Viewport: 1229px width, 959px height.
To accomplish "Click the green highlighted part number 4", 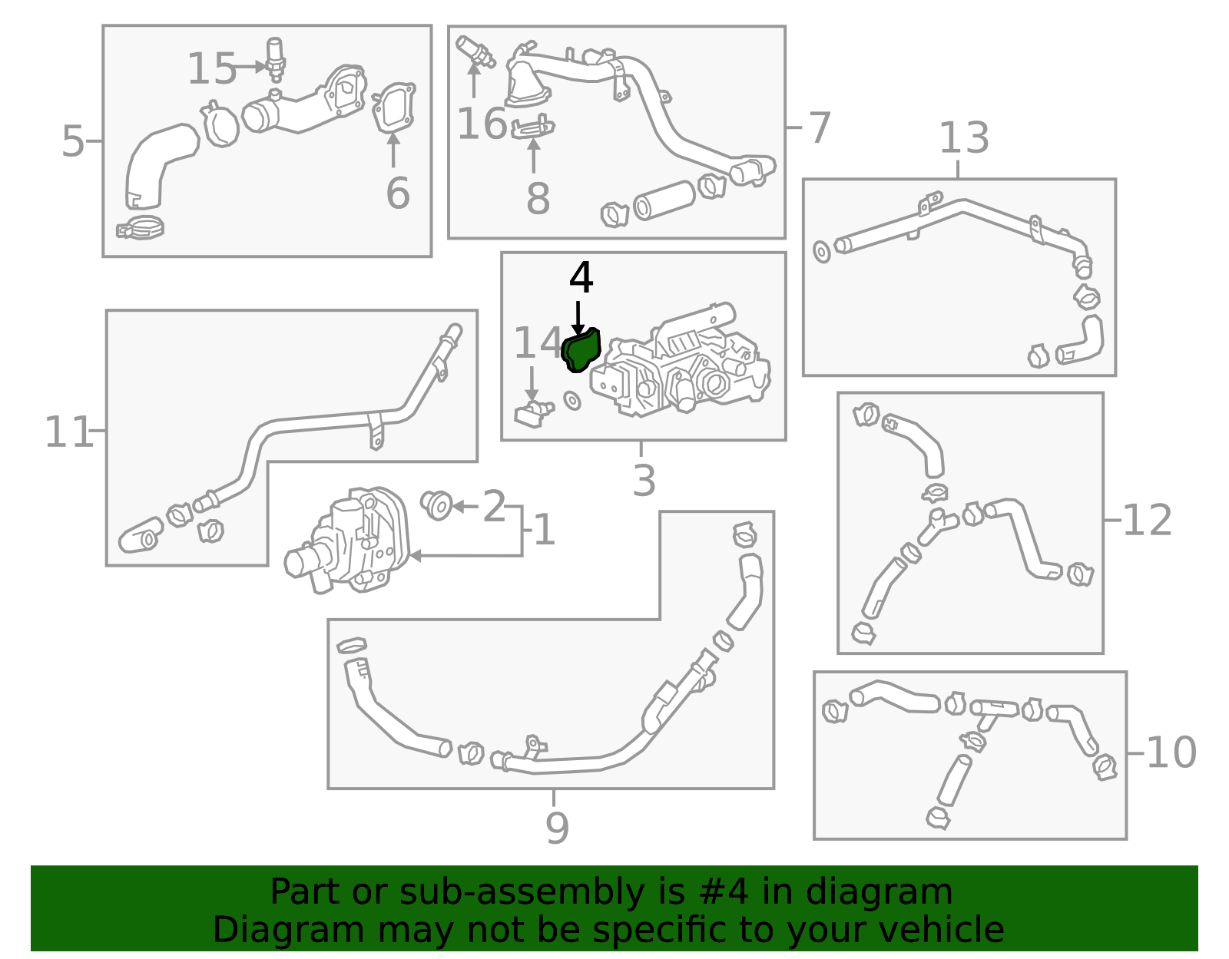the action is click(581, 350).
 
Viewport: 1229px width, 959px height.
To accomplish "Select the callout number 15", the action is click(211, 68).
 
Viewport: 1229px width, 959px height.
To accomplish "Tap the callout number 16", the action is click(482, 123).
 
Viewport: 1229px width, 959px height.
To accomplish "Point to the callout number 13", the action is click(964, 137).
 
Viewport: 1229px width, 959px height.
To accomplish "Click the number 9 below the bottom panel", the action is click(557, 827).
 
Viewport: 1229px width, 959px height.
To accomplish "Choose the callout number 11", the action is click(68, 432).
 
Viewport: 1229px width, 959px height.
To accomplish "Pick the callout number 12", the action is click(1147, 520).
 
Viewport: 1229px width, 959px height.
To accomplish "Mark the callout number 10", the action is click(1171, 752).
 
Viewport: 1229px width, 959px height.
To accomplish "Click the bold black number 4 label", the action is click(581, 277).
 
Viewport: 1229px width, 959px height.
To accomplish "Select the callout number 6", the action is click(398, 193).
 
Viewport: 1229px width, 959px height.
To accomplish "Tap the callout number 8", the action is click(538, 198).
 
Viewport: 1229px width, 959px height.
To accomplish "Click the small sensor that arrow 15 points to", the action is click(275, 60).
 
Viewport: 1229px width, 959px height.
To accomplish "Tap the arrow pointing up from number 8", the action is click(533, 155).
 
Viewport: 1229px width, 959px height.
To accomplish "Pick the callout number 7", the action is click(819, 127).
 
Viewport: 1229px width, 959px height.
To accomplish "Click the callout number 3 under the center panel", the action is click(644, 481).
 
